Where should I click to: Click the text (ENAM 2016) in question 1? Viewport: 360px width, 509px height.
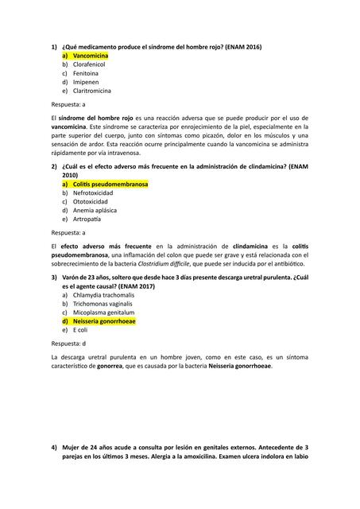[x=239, y=47]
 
